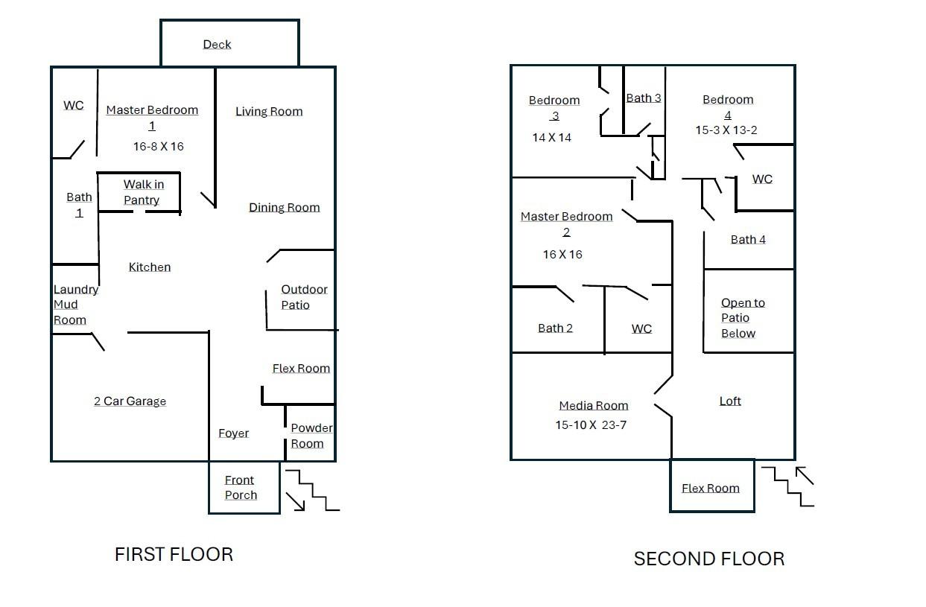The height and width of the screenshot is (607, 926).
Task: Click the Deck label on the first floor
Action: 217,45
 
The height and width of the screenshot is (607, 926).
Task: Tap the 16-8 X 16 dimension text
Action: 158,147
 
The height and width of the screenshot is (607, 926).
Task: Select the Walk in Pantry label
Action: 143,192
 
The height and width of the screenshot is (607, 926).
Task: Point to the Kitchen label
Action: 150,267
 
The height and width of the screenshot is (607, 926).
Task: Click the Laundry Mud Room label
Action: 75,305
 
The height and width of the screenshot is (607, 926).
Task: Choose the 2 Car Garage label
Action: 130,401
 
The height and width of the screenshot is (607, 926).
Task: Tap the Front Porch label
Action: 241,488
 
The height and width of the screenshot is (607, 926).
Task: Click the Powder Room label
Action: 311,436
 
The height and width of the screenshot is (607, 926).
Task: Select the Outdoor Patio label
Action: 304,297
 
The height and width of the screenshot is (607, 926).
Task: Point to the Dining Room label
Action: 284,208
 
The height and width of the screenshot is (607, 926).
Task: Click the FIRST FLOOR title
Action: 174,555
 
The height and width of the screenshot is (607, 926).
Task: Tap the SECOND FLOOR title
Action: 708,559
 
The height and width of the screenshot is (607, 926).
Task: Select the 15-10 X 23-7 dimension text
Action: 593,425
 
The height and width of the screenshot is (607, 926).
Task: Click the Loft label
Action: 730,401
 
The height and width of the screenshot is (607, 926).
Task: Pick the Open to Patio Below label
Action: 742,318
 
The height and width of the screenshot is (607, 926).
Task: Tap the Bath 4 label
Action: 748,240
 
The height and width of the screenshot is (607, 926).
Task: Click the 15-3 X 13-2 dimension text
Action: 726,130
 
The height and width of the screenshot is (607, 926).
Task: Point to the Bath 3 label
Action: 644,98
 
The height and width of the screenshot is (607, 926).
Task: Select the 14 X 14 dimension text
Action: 552,138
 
